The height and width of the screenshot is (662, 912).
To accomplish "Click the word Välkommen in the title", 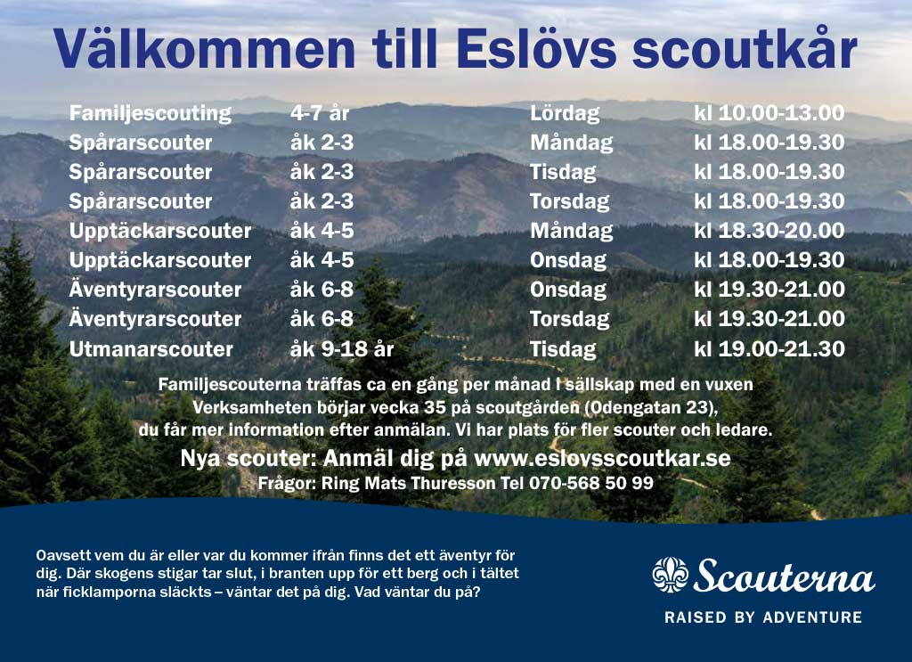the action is pos(204,48).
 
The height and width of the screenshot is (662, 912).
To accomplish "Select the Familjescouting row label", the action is pos(150,113).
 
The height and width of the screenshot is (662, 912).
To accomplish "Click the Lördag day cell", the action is pos(564,113).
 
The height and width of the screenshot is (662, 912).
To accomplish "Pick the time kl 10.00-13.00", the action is pos(769,113).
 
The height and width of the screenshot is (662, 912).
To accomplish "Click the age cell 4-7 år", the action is pos(320,113).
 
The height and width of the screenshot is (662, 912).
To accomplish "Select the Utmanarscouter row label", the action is pos(151,349).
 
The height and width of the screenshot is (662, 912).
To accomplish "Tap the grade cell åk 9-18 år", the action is pos(341,349).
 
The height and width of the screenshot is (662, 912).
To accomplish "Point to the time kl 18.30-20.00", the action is pos(769,231).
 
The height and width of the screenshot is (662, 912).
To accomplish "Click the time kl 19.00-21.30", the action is pos(769,349).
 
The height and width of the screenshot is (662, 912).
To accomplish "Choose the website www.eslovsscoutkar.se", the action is pos(602,458).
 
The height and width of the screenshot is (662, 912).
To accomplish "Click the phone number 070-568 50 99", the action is pos(591,483).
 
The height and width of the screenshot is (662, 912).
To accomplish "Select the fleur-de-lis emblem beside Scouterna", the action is pos(670,575).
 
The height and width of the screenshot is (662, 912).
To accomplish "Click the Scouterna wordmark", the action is pos(784,576).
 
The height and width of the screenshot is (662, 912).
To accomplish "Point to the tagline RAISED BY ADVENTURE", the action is pos(763,617).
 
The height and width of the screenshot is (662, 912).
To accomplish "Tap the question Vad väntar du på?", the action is pos(417,593).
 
